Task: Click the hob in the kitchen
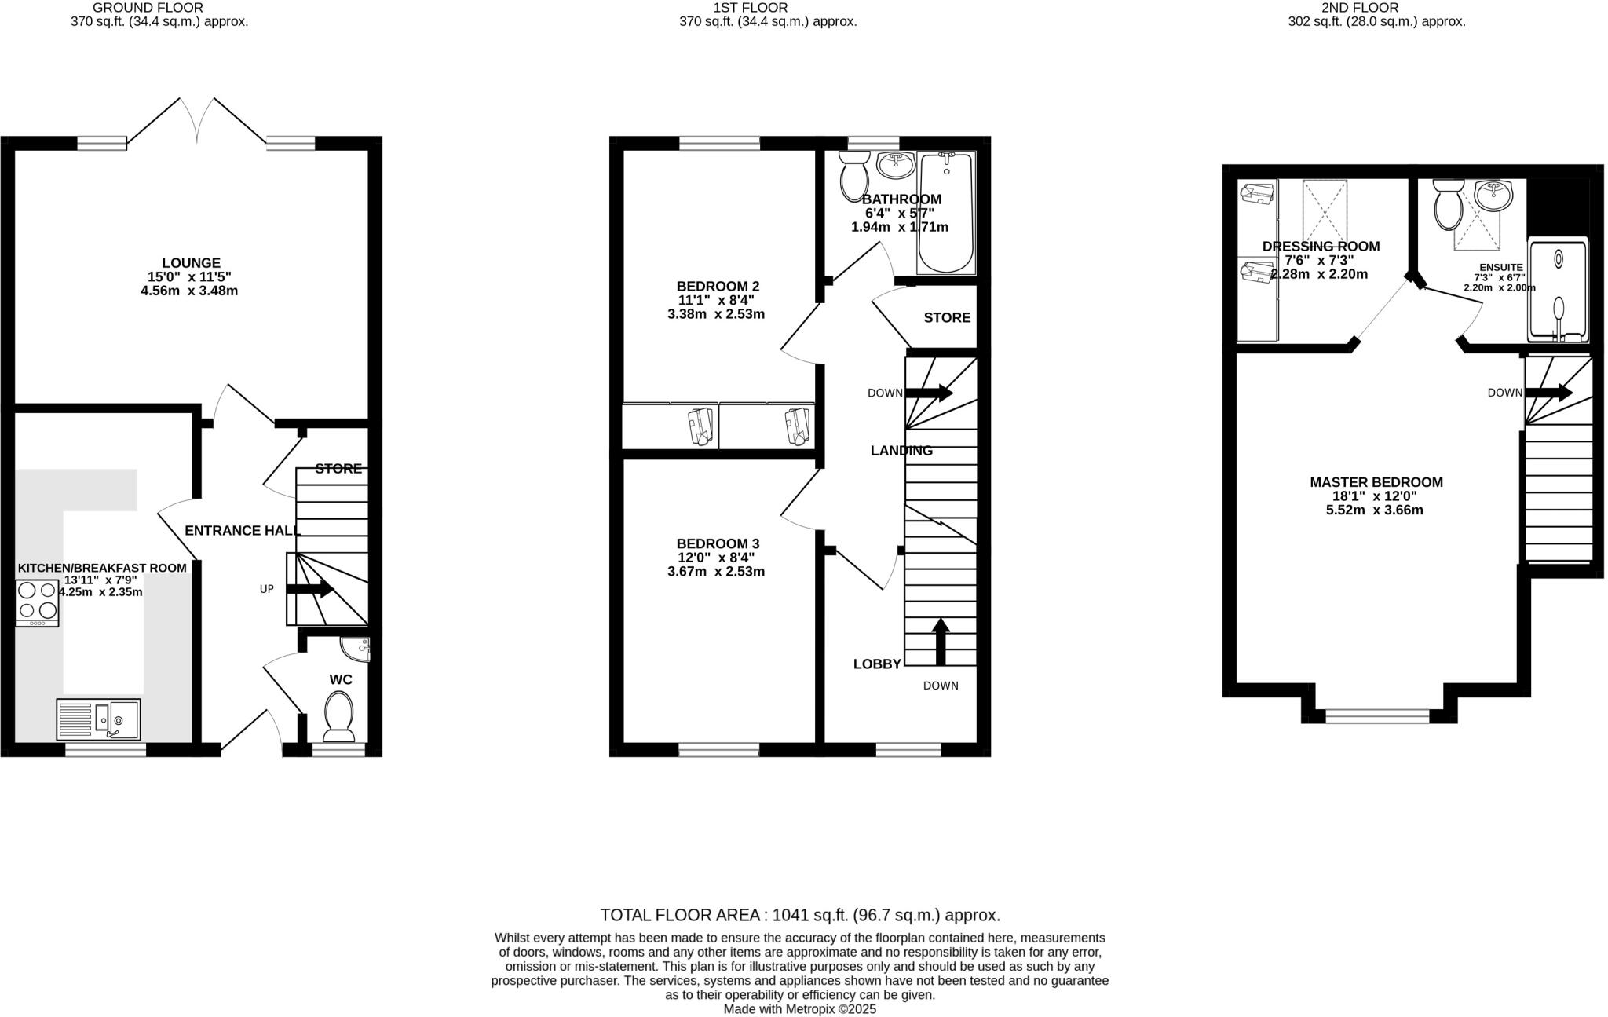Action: pos(37,602)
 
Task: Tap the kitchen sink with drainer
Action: pos(98,719)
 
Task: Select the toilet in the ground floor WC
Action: pos(339,715)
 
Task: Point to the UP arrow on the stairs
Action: pos(309,589)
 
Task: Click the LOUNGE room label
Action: pos(191,263)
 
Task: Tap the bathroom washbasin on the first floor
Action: pos(895,164)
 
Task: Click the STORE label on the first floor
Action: pos(947,318)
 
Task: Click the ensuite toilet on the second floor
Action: pos(1446,204)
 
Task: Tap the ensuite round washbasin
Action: pos(1493,195)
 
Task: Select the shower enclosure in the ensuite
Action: pos(1558,291)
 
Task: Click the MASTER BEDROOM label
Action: pos(1376,482)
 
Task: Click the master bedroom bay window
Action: pos(1377,715)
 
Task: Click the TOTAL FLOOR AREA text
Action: pos(799,915)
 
